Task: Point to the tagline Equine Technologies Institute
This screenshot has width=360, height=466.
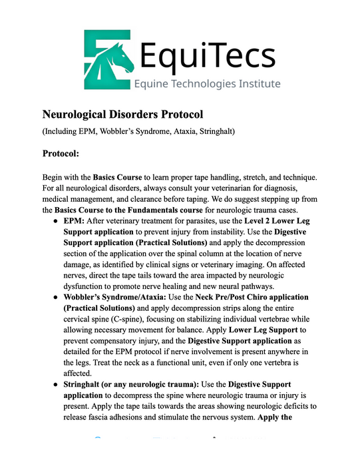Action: pos(207,84)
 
